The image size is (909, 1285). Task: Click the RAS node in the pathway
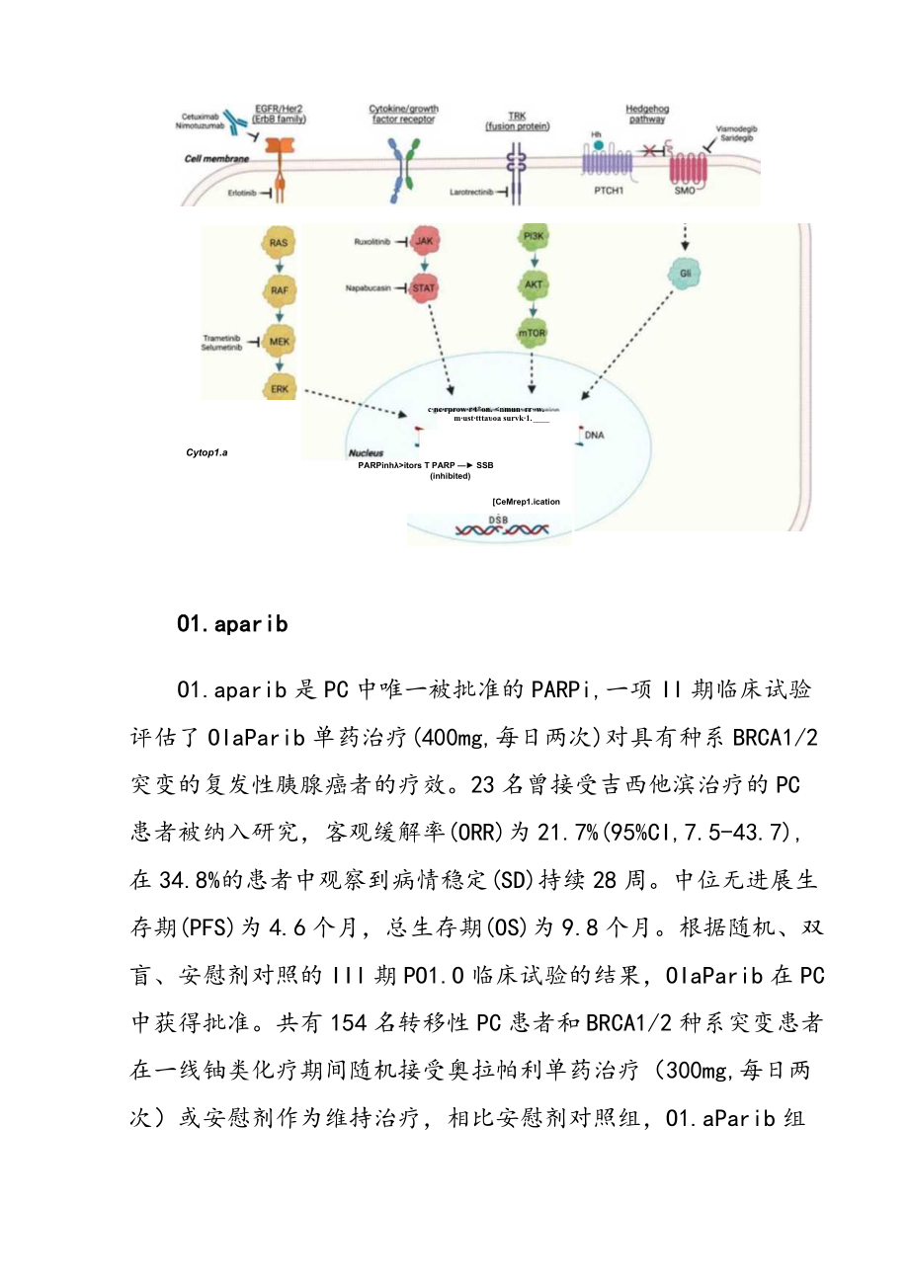click(x=280, y=241)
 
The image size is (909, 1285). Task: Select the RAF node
click(x=280, y=291)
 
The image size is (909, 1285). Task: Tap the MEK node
click(x=280, y=342)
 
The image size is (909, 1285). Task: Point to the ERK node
click(x=280, y=388)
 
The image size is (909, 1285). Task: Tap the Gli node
click(x=683, y=274)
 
